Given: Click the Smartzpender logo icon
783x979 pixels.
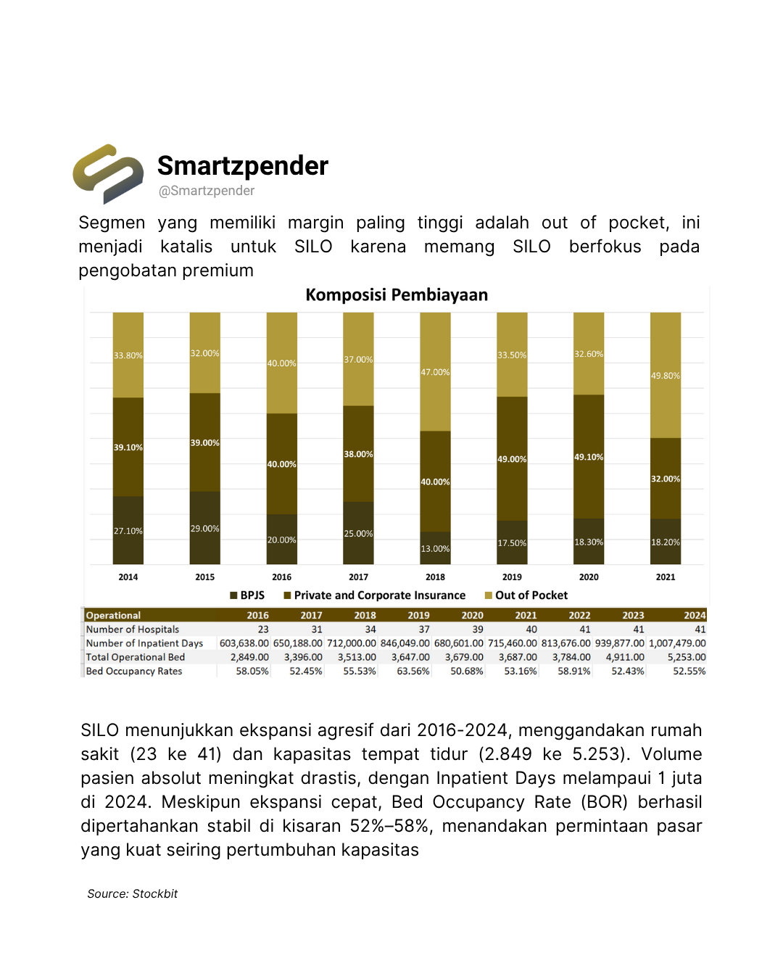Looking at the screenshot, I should click(x=108, y=173).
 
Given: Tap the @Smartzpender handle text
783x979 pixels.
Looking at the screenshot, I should click(x=207, y=191).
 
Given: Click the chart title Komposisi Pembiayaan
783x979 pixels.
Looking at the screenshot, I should click(x=397, y=295).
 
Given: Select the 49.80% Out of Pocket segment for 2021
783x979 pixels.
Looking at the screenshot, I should click(x=666, y=376).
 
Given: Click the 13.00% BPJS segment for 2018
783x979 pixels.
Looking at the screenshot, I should click(x=435, y=549).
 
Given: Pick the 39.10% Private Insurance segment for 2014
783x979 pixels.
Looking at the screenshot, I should click(x=128, y=447).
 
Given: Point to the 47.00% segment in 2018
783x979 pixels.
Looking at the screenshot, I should click(x=435, y=372).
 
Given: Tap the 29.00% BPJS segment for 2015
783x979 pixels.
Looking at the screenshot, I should click(x=205, y=529).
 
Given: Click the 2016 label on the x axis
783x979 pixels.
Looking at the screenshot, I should click(x=281, y=577).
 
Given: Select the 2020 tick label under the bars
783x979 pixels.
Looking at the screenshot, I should click(x=589, y=577).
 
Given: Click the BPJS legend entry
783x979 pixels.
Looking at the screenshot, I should click(x=247, y=595).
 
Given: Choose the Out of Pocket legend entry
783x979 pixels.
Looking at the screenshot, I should click(x=526, y=595).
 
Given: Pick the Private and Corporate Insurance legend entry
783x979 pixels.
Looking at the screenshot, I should click(x=375, y=595).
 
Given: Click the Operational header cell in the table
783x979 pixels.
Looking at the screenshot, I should click(x=114, y=616).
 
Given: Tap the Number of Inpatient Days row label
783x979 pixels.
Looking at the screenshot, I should click(x=144, y=643).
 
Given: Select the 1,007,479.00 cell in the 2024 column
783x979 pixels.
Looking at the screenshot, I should click(x=677, y=643).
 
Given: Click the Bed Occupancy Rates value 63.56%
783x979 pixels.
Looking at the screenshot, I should click(x=413, y=672).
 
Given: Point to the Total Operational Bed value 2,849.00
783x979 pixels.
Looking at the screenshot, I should click(x=249, y=657).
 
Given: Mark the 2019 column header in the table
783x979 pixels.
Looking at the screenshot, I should click(x=418, y=616).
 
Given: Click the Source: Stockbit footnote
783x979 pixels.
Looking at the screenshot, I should click(x=133, y=894).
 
